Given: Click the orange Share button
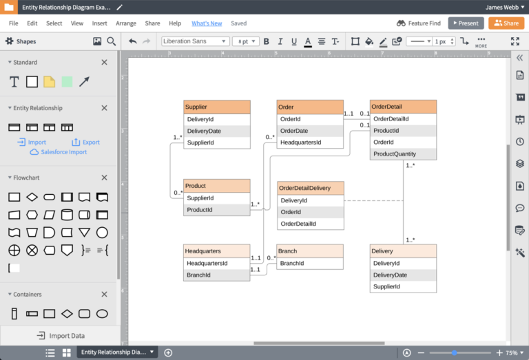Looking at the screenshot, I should tap(506, 23).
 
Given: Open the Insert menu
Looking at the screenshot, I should tap(99, 23).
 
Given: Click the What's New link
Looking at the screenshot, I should tap(207, 23).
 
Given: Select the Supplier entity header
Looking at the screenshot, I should tap(217, 107).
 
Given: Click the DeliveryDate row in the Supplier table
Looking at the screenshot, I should tap(217, 131).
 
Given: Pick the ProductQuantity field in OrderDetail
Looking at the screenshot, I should tap(403, 154).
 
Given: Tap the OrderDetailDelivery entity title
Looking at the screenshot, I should tap(310, 188).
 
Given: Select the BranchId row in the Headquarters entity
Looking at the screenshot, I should tap(217, 275).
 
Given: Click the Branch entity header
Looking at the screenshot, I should tap(310, 251).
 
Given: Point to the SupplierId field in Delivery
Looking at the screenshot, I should tap(403, 287).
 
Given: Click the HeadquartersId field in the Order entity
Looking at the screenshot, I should tap(310, 142).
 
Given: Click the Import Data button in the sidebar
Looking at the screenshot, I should tap(61, 336).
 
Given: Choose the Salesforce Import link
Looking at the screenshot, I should tap(63, 152).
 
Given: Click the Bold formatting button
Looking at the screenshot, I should tap(266, 41).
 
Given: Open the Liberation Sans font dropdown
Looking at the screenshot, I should tap(195, 41).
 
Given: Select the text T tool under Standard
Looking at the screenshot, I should tap(14, 82).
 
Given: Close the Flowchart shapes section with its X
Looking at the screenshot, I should tap(105, 178).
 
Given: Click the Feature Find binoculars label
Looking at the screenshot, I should tap(419, 23).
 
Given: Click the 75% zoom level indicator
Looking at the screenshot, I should tap(512, 352).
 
